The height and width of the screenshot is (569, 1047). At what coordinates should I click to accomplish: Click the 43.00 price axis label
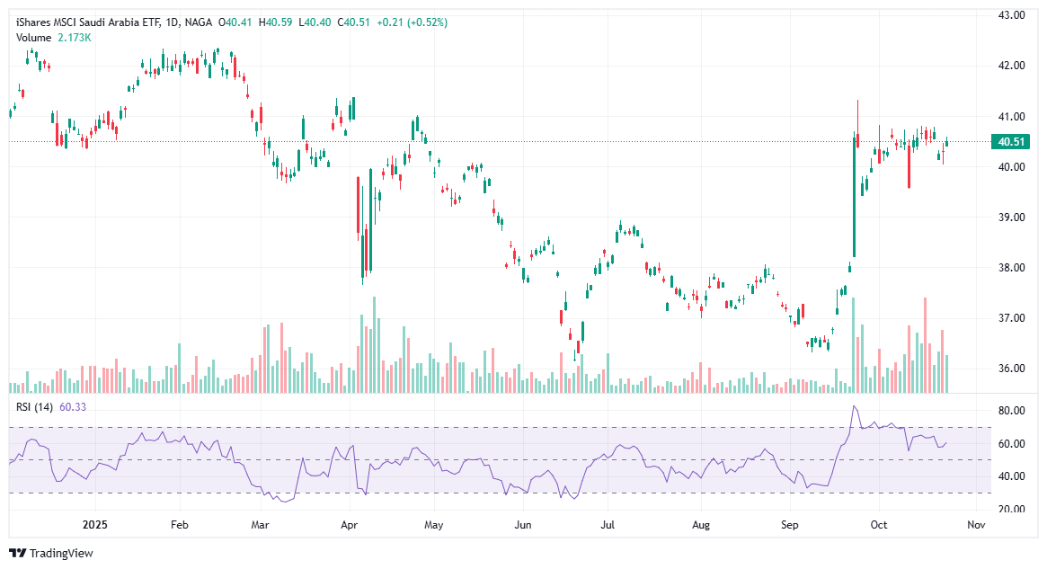1012,15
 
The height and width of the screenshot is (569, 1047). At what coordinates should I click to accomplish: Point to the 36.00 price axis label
1012,369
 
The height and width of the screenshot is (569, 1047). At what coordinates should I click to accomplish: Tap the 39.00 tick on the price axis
1012,218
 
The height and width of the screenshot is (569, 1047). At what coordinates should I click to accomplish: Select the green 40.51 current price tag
1011,141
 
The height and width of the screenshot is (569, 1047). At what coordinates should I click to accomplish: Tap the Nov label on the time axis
977,524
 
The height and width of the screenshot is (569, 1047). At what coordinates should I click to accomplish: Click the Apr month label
350,524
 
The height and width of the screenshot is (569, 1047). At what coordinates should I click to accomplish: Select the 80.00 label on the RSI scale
1012,411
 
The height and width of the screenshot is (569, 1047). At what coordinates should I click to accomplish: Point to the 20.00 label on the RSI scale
1012,510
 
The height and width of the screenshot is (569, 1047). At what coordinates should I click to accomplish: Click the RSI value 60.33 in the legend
73,407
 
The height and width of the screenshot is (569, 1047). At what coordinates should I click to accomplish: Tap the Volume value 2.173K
74,37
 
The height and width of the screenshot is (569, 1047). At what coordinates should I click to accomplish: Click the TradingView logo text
60,553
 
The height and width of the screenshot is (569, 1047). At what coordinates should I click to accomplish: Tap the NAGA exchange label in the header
197,22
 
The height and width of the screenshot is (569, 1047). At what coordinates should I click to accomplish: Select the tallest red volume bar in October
925,345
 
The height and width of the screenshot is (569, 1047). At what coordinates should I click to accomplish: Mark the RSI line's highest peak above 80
854,406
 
